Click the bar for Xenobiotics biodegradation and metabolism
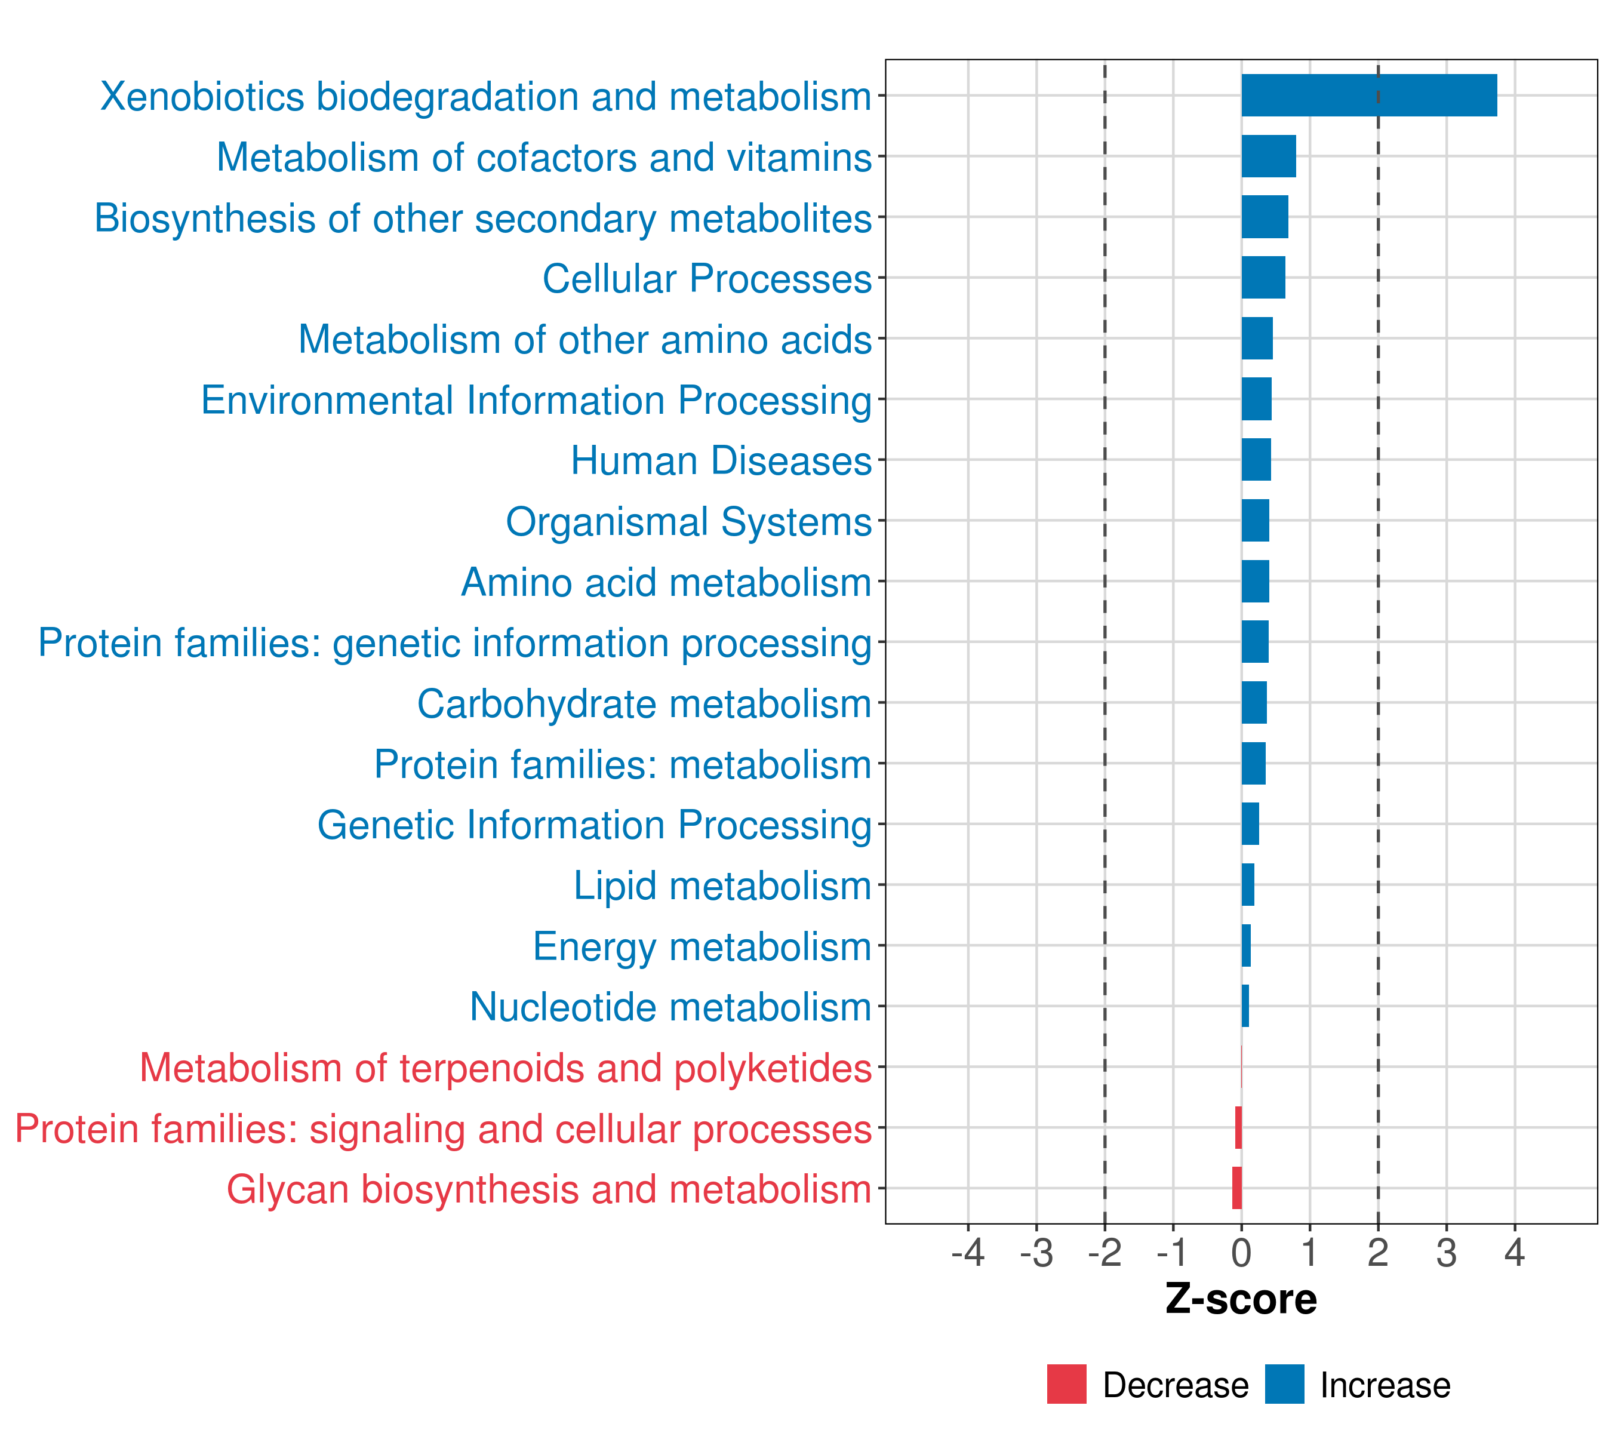coord(1368,96)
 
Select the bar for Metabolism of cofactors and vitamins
coord(1268,156)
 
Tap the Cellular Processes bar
coord(1263,278)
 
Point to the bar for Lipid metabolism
coord(1248,885)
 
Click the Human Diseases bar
coord(1256,460)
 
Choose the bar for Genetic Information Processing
coord(1250,824)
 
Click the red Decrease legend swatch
coord(1066,1384)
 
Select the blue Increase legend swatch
coord(1284,1384)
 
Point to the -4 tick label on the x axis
coord(968,1253)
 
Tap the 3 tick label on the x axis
coord(1445,1253)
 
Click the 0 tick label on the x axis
coord(1241,1253)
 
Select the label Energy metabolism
coord(702,946)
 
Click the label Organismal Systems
coord(688,521)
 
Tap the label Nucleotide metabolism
coord(670,1007)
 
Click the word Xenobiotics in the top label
coord(202,97)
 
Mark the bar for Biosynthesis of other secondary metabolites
coord(1264,217)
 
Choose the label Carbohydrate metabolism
coord(644,703)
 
